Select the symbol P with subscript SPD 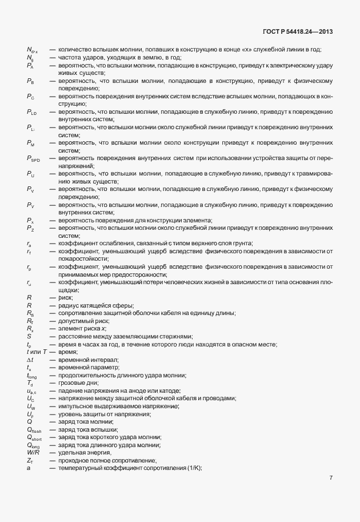[32, 158]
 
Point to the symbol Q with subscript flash [34, 429]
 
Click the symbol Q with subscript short [34, 437]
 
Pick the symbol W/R [32, 452]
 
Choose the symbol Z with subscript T [30, 460]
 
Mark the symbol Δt [30, 359]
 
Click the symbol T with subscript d [30, 382]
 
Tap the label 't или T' [36, 352]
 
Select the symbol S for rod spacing [29, 336]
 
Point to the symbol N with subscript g [30, 58]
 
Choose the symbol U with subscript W [31, 406]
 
